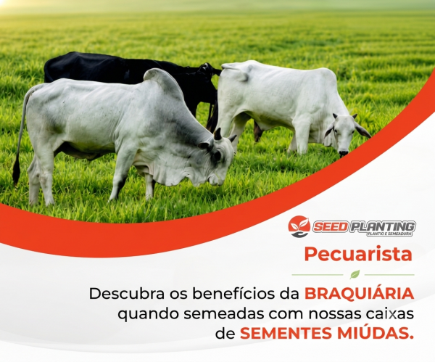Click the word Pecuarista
tap(358, 255)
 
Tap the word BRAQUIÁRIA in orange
tap(360, 293)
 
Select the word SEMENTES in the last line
tap(286, 333)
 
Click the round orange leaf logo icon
tap(299, 226)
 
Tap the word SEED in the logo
tap(331, 227)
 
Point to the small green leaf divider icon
tap(355, 274)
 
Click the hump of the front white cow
tap(161, 81)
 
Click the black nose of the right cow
tap(344, 153)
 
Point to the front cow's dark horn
tap(217, 133)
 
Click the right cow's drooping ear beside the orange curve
tap(362, 130)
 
